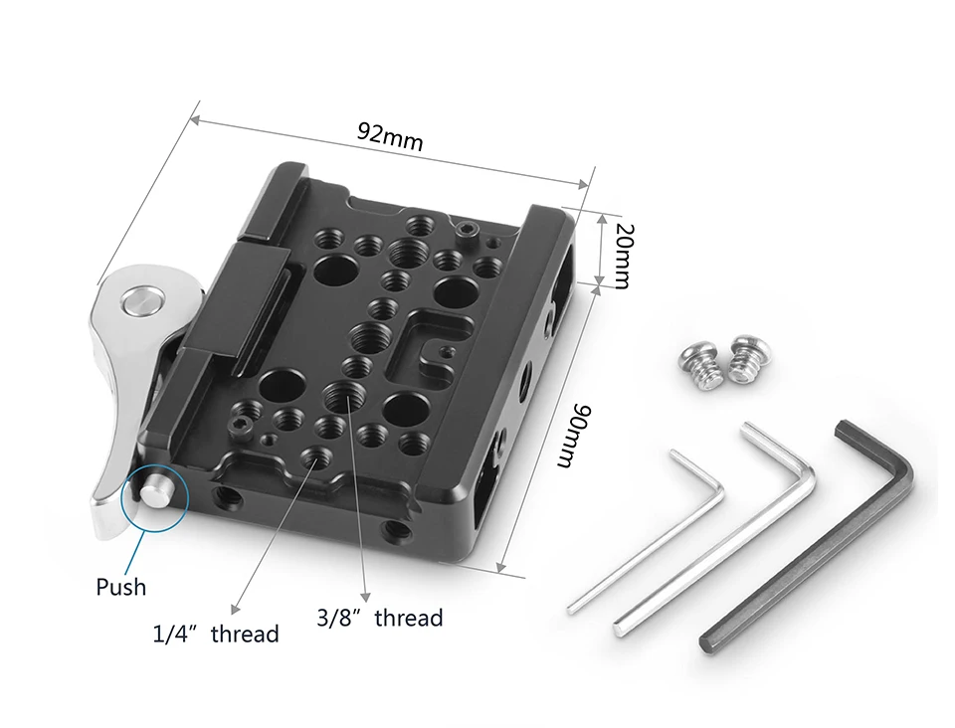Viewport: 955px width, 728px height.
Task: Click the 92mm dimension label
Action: click(x=390, y=136)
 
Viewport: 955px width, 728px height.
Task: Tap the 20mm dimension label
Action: click(x=624, y=256)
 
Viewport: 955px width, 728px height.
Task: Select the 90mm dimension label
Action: click(x=574, y=436)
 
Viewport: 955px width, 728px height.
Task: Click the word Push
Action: click(x=121, y=587)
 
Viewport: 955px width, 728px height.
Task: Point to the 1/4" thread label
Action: click(x=216, y=635)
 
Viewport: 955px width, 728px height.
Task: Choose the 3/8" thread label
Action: click(x=379, y=618)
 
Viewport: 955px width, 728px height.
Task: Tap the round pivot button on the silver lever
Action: click(x=143, y=301)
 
